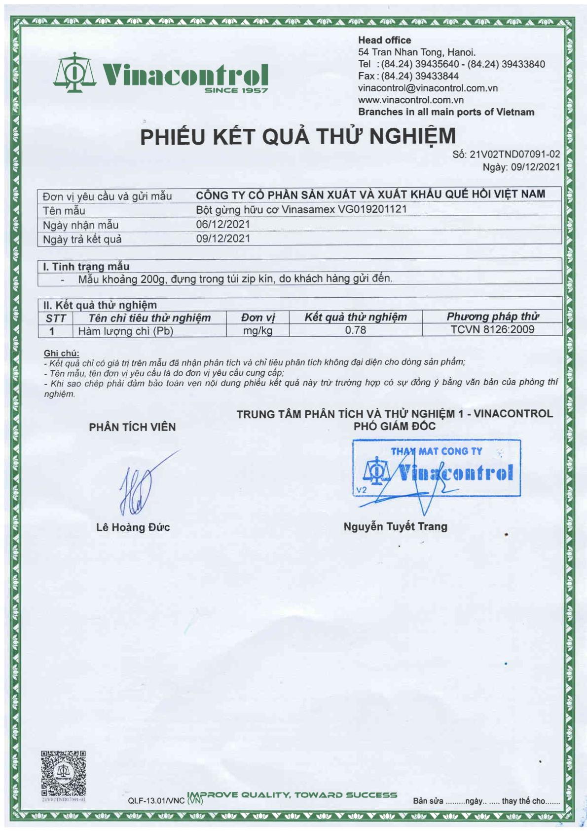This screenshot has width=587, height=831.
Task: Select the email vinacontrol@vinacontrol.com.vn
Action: (428, 88)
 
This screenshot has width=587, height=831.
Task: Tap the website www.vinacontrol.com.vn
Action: (410, 100)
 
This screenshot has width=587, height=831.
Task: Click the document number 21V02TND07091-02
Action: (514, 154)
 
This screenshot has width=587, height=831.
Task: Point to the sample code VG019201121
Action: (372, 209)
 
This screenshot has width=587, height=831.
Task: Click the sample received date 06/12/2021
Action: (223, 224)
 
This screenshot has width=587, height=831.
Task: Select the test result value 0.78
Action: (355, 330)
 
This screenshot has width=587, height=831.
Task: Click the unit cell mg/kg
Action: (257, 331)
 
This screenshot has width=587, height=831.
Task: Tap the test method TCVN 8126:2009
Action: (492, 329)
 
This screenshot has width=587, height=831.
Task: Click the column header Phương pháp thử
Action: (492, 317)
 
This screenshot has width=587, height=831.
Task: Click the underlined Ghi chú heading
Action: (61, 353)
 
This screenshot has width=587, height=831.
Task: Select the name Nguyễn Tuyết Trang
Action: (395, 526)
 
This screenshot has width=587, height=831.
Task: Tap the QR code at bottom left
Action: (63, 773)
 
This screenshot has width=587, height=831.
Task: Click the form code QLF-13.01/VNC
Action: (156, 800)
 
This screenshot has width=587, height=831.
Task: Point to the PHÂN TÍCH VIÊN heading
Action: (132, 427)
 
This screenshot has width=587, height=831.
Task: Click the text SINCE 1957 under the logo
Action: (236, 90)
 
